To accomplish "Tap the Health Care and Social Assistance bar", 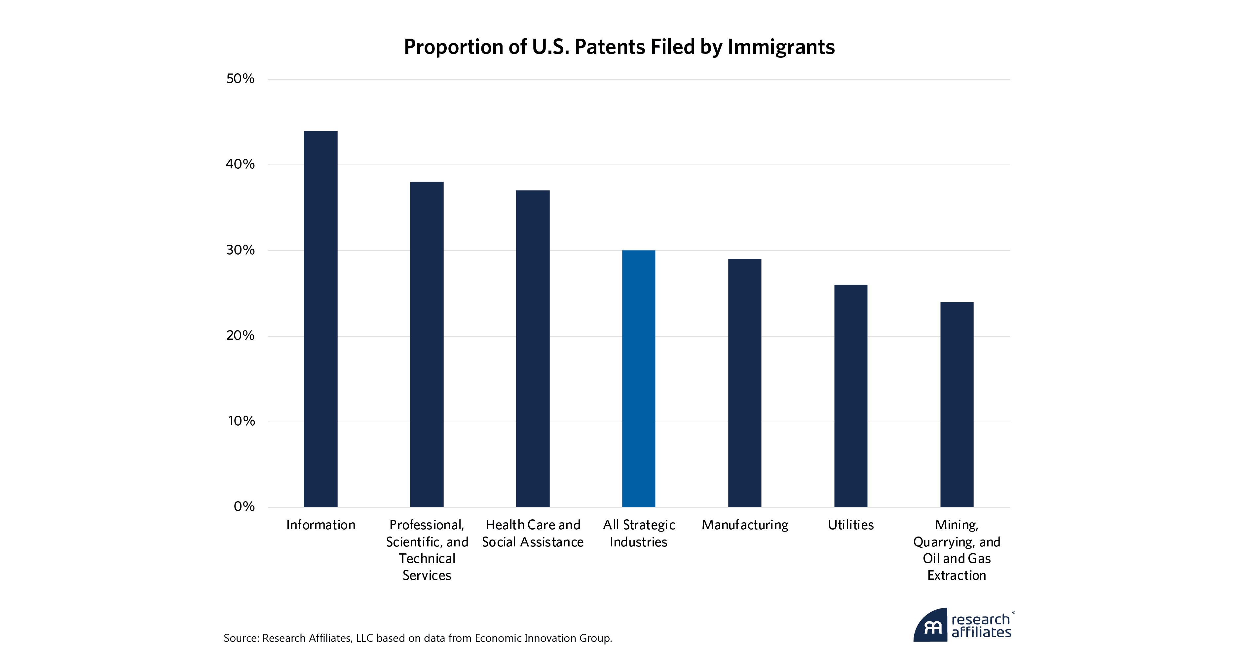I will coord(533,349).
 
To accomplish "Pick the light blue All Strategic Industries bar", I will coord(638,378).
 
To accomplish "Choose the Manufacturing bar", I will coord(744,383).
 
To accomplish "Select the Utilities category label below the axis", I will coord(850,525).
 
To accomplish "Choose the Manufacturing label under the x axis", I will coord(744,525).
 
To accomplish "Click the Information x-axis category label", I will coord(320,525).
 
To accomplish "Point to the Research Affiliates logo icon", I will coord(931,625).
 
